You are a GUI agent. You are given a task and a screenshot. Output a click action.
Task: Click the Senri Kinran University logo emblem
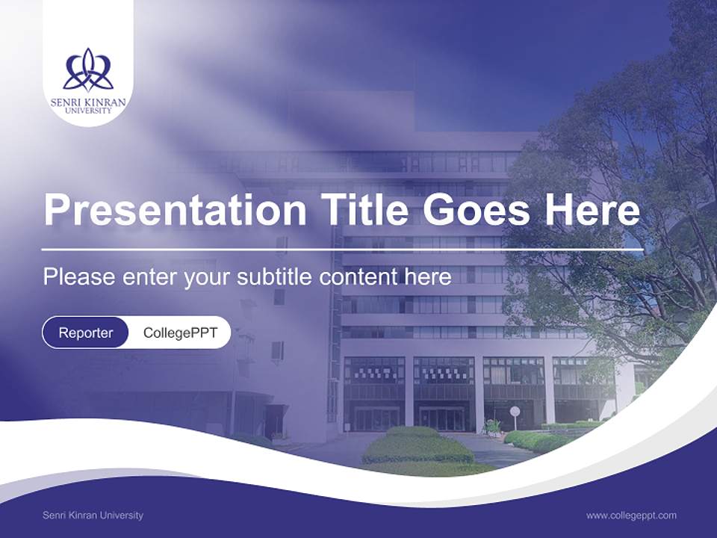(88, 69)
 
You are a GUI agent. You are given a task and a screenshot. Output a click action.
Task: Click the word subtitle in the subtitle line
(276, 277)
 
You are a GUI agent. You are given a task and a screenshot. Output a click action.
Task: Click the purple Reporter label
(85, 333)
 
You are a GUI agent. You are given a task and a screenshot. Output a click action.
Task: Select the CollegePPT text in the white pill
(180, 333)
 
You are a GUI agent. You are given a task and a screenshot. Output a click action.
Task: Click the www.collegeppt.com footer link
(631, 516)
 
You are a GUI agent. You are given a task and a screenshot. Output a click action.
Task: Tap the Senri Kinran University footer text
(93, 516)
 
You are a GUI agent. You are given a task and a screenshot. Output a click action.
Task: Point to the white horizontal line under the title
(342, 249)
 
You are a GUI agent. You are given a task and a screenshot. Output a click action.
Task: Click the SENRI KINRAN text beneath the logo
(88, 102)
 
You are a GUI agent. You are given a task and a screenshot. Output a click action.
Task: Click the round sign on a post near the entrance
(515, 411)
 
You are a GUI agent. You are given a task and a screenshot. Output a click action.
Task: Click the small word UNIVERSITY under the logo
(88, 111)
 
